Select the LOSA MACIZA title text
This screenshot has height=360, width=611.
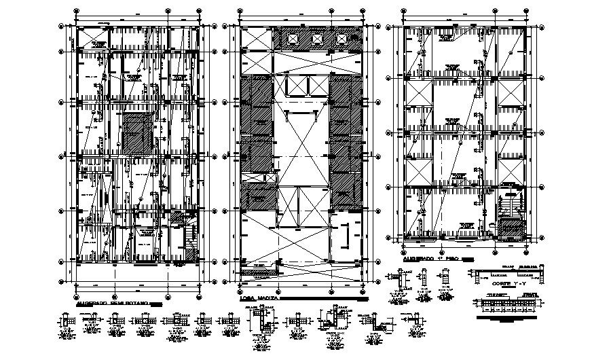(x=257, y=298)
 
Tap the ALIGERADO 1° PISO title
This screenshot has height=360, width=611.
(x=424, y=259)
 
